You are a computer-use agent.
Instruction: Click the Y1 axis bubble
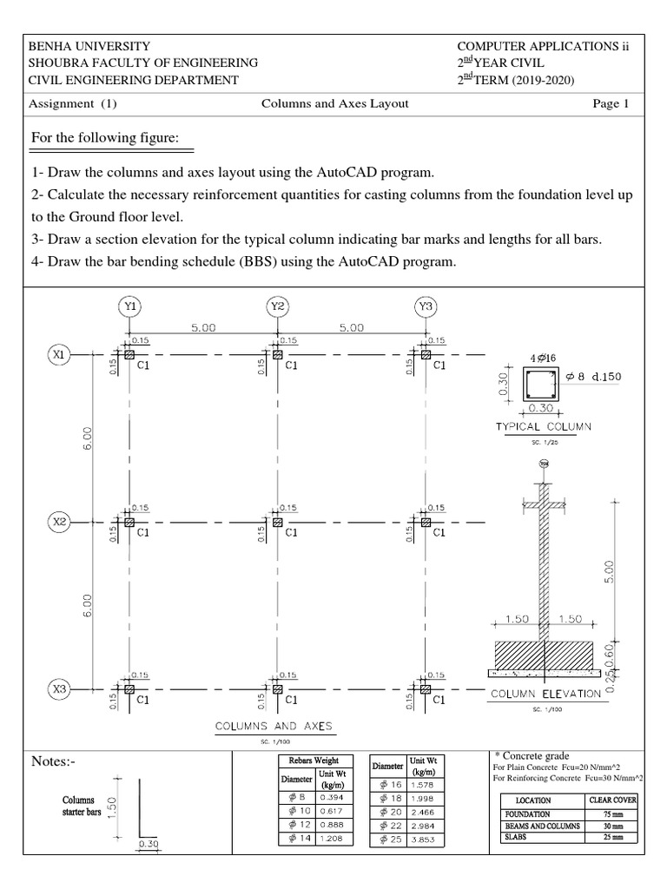[x=129, y=306]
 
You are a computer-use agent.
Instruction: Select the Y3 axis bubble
[x=425, y=306]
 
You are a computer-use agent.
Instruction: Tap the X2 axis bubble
[x=58, y=522]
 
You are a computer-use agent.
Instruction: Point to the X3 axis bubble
[x=58, y=688]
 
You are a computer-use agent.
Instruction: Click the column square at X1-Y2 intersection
[x=277, y=354]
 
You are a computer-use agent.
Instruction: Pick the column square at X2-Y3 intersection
[x=425, y=522]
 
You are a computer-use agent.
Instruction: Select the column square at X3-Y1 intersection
[x=129, y=688]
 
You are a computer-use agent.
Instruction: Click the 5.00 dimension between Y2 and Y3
[x=351, y=329]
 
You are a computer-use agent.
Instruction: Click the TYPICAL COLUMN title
[x=543, y=426]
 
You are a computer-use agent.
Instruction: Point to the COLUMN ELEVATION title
[x=545, y=694]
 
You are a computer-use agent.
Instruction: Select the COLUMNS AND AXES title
[x=274, y=724]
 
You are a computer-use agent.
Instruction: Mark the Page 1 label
[x=611, y=103]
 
